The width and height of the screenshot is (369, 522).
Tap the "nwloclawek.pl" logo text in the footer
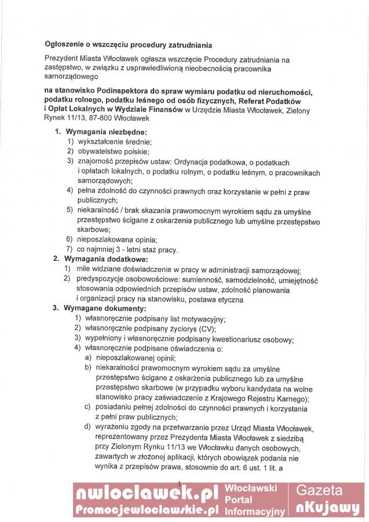[146, 494]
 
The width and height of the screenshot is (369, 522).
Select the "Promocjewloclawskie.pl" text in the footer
[147, 510]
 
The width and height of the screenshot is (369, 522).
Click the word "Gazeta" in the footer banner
[328, 491]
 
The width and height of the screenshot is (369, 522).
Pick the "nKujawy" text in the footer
[328, 507]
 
